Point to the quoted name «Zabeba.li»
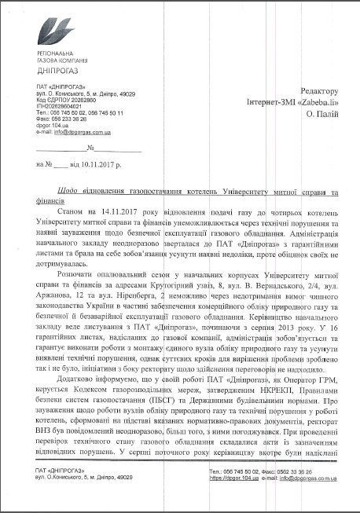pyautogui.click(x=318, y=103)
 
